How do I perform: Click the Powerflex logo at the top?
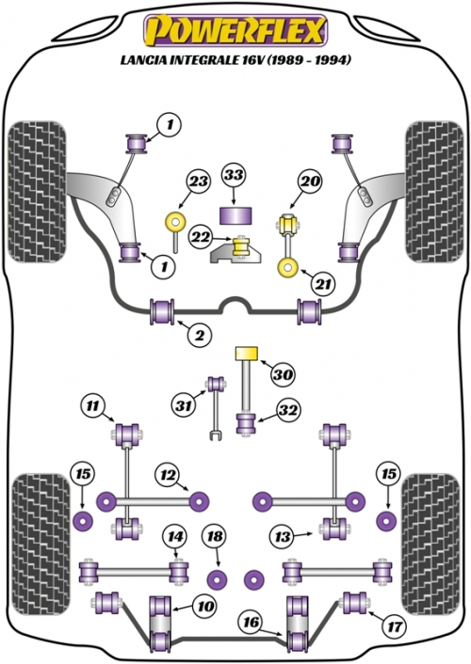coord(235,31)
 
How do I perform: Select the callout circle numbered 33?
coord(235,175)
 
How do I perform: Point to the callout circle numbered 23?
coord(198,182)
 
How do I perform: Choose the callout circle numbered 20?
coord(311,181)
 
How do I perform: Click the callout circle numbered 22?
coord(202,237)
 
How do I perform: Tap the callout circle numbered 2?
coord(199,335)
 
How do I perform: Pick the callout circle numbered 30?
coord(284,374)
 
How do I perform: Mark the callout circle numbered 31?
coord(184,406)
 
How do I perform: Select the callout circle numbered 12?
coord(168,475)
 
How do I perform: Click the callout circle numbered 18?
coord(215,536)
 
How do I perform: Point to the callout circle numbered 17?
coord(394,625)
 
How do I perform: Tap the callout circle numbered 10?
coord(205,606)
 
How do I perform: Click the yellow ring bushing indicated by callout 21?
coord(287,268)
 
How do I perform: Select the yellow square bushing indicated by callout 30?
coord(247,353)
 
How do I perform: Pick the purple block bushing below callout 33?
coord(235,215)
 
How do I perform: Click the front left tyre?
coord(38,192)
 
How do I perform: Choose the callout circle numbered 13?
coord(283,536)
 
